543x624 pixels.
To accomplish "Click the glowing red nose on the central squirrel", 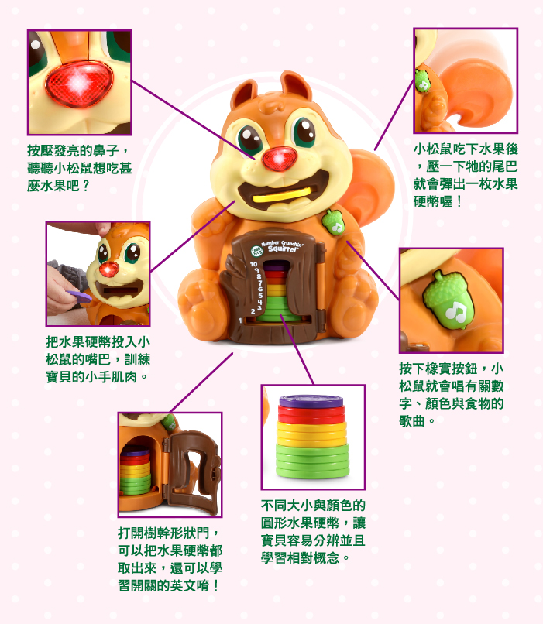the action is coord(280,159).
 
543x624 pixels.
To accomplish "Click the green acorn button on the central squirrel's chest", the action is coord(333,221).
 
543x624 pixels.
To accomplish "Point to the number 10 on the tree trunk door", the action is coord(253,264).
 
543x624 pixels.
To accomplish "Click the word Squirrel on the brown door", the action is coord(282,249).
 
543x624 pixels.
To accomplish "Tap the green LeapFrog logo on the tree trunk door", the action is coord(256,251).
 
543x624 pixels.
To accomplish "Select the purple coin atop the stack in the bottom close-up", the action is coord(311,401).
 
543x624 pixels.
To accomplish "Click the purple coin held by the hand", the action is coord(79,296).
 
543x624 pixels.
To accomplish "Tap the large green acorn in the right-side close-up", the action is coord(449,300).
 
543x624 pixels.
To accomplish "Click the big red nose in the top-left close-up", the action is coord(79,84).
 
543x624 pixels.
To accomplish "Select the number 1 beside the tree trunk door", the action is coord(240,321).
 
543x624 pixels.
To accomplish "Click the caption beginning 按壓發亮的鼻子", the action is coord(79,168).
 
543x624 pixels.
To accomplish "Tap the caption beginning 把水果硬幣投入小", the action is coord(98,359).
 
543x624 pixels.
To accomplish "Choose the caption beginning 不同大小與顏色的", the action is coord(313,532).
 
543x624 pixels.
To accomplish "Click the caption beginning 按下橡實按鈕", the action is coord(452,394).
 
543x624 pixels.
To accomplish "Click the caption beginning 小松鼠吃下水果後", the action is coord(466,176).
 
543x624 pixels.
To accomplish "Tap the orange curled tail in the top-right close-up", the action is coord(478,91).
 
